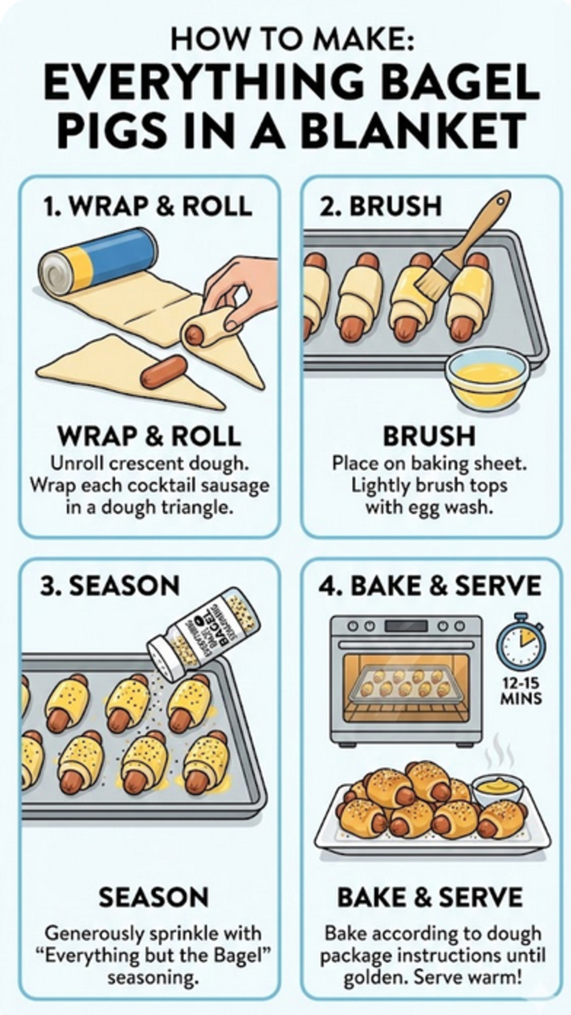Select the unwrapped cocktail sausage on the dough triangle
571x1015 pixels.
[164, 371]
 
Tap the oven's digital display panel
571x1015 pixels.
[406, 626]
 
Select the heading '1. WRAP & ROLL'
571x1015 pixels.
[148, 206]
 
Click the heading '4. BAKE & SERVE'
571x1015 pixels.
[430, 586]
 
